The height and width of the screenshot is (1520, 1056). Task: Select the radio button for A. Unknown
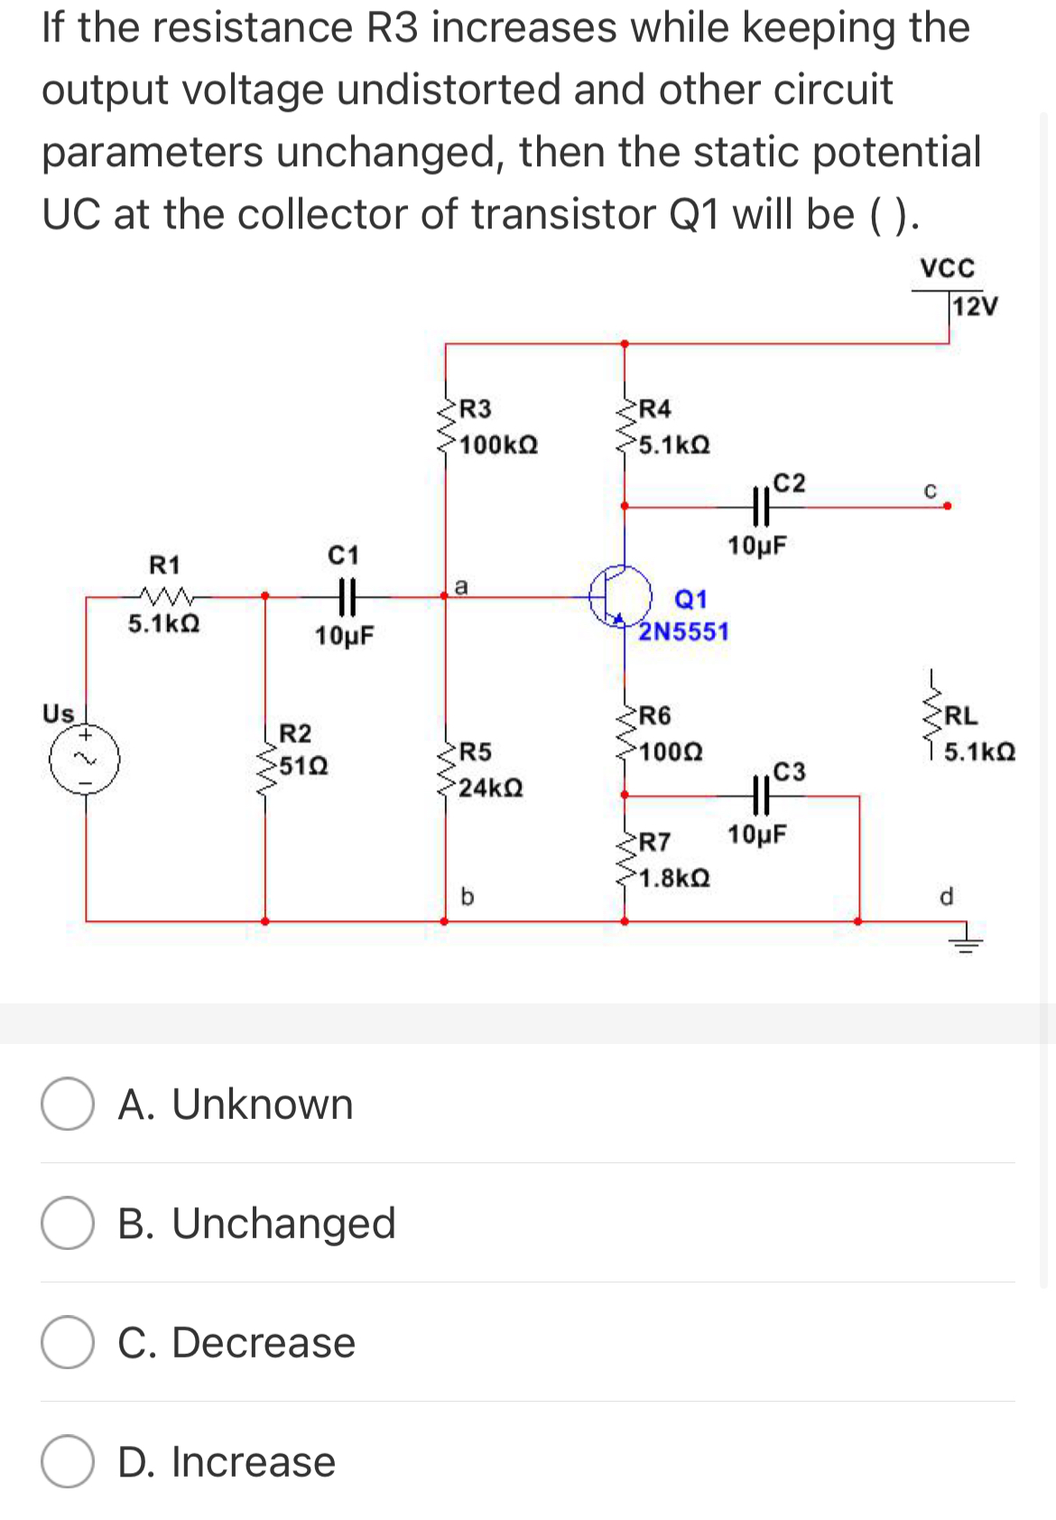(x=68, y=1104)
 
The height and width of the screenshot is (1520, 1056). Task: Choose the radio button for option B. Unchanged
(x=68, y=1223)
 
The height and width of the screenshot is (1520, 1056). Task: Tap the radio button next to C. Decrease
(x=68, y=1342)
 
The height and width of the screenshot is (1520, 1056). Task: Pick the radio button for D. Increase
(x=68, y=1461)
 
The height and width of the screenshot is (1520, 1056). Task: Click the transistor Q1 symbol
(x=621, y=594)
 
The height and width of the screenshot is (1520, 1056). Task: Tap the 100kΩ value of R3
(x=499, y=445)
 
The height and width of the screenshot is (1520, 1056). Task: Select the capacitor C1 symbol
(x=344, y=595)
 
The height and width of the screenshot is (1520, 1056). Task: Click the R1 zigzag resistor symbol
(x=164, y=595)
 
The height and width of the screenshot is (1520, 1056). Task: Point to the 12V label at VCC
(x=976, y=306)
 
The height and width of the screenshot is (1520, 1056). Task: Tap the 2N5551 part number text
(x=683, y=631)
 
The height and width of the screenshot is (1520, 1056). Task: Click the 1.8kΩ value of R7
(x=674, y=878)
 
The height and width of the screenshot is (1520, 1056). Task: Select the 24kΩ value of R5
(x=490, y=788)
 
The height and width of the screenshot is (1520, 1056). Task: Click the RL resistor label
(x=960, y=716)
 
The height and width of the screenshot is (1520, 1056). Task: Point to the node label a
(x=460, y=586)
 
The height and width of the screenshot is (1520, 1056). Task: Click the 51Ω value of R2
(x=303, y=767)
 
